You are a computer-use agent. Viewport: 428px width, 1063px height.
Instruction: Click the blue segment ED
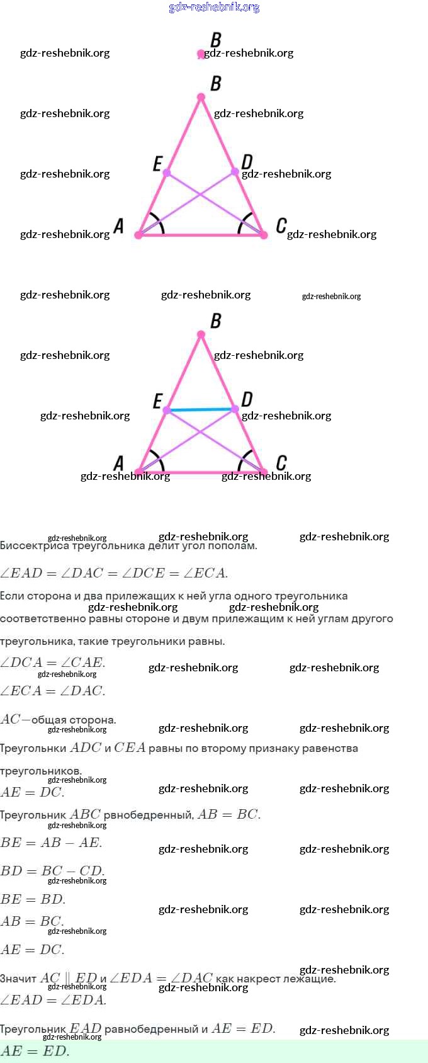coord(200,410)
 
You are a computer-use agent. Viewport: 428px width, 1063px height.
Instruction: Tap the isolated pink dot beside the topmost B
coord(201,54)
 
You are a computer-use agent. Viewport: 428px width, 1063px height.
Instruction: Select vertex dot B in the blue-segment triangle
coord(201,334)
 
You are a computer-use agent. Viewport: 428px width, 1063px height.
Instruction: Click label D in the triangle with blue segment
coord(247,399)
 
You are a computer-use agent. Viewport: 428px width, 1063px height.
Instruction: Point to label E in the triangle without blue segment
coord(157,164)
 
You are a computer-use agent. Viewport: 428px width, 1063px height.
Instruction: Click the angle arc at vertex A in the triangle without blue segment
coord(158,225)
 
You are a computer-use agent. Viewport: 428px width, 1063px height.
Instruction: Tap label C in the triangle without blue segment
coord(281,225)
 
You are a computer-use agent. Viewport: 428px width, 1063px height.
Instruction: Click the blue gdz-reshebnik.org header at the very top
coord(214,7)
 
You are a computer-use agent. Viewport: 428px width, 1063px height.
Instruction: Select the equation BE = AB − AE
coord(51,843)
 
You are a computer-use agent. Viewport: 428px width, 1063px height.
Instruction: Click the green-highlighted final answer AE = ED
coord(35,1051)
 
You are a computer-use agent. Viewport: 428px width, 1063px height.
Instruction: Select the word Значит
coord(18,979)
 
